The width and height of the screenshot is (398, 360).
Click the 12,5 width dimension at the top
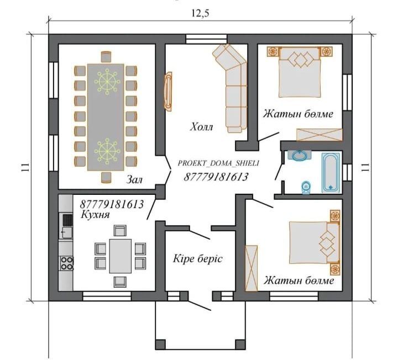point(200,13)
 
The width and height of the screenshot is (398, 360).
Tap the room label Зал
point(134,180)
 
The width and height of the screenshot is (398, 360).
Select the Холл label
point(202,127)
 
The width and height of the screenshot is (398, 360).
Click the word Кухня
point(96,215)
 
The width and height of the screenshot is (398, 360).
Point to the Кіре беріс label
point(197,258)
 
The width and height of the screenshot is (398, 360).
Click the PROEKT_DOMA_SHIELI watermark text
point(218,163)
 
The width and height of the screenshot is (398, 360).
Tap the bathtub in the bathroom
point(331,172)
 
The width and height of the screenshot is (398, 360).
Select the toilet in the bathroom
point(306,187)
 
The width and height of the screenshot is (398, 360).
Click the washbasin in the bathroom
point(300,155)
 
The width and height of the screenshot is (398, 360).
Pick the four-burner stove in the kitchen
point(66,263)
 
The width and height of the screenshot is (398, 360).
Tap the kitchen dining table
point(121,256)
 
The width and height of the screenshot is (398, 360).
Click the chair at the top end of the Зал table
point(106,56)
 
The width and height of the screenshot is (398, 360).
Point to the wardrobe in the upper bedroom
point(320,135)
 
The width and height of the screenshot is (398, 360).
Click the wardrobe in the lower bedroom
point(251,268)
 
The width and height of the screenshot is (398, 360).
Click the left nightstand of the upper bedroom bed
point(273,51)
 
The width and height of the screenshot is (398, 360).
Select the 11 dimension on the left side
point(25,167)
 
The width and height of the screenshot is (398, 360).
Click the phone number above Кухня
point(112,204)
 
